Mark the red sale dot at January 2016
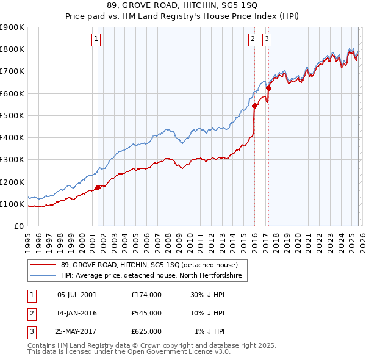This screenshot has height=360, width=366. tap(254, 106)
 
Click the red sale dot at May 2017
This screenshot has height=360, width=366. tap(268, 88)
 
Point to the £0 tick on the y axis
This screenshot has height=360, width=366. tap(19, 226)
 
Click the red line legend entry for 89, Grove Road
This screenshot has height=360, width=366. tap(152, 265)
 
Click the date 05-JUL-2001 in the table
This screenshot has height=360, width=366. tap(77, 295)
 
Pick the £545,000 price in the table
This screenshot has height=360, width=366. tap(146, 313)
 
